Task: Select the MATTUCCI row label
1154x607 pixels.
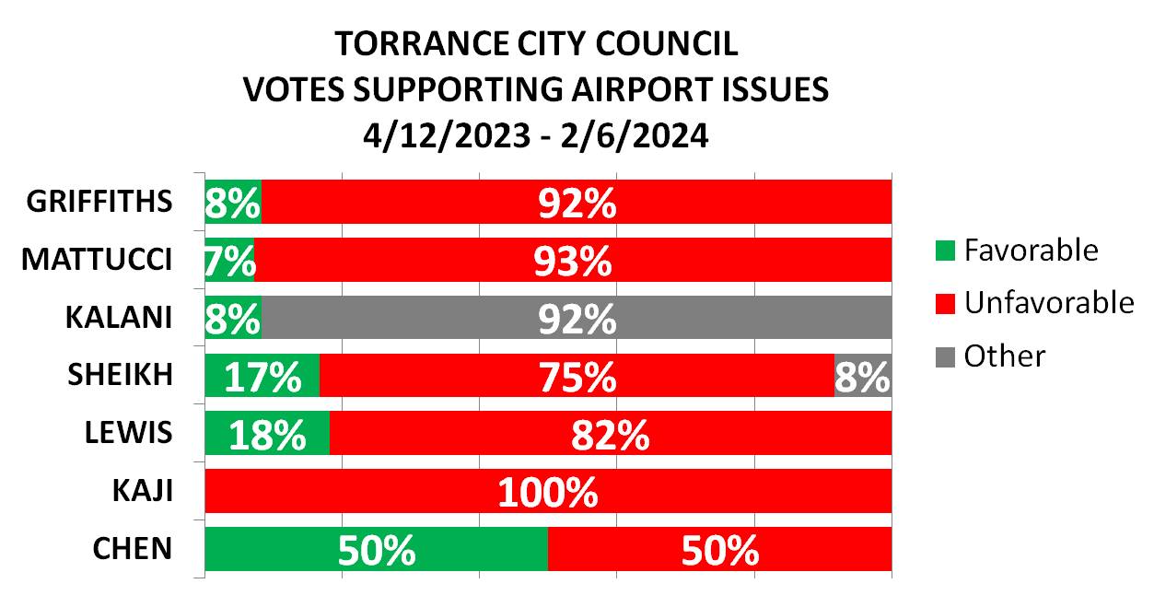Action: [97, 260]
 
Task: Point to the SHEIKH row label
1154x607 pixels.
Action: [120, 375]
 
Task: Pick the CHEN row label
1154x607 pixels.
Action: [133, 549]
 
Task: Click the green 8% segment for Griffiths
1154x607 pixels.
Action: [233, 202]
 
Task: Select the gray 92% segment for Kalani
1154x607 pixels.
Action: [577, 318]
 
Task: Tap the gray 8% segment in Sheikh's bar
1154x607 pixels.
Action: [863, 376]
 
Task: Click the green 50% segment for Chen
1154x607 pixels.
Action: [376, 549]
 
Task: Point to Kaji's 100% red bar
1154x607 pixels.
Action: [548, 491]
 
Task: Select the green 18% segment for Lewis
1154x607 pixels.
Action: [267, 433]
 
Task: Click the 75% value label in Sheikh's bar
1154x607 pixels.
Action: [577, 376]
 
